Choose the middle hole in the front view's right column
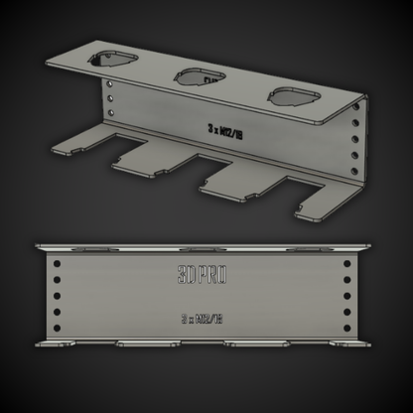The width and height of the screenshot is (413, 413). coord(346,295)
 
